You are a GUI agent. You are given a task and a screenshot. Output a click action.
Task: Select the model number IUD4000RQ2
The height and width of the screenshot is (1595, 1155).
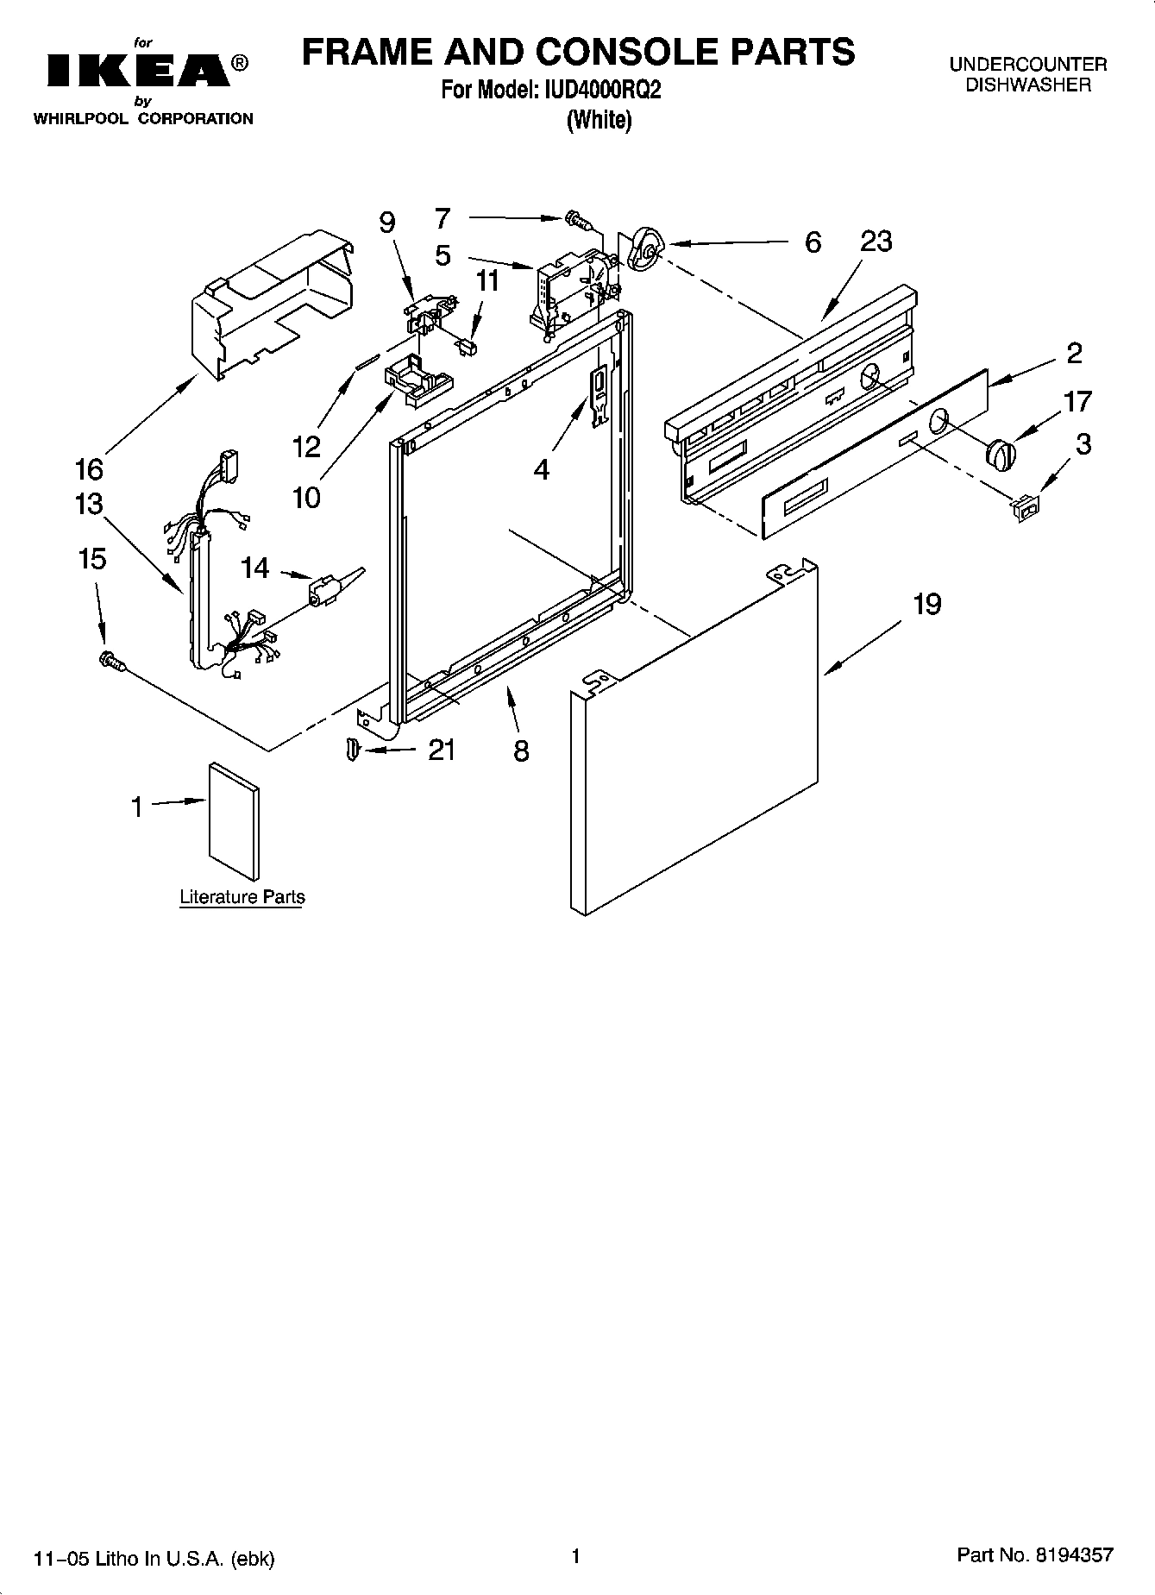602,91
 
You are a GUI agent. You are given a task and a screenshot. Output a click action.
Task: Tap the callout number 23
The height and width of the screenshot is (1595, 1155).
876,242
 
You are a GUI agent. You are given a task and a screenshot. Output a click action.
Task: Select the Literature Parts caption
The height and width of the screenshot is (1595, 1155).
242,897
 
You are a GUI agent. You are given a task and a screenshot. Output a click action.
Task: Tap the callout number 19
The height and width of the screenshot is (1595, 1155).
927,604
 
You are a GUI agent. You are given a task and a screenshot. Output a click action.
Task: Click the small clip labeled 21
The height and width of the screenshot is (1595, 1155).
351,749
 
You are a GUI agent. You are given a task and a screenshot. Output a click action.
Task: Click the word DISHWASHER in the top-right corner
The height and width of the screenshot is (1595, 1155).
1028,85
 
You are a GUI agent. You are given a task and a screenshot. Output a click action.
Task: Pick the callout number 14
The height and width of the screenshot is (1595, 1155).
255,568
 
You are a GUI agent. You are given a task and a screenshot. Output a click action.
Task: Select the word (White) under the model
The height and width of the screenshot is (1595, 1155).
599,121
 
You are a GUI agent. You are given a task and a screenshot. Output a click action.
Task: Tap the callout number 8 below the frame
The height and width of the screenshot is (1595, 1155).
521,750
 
